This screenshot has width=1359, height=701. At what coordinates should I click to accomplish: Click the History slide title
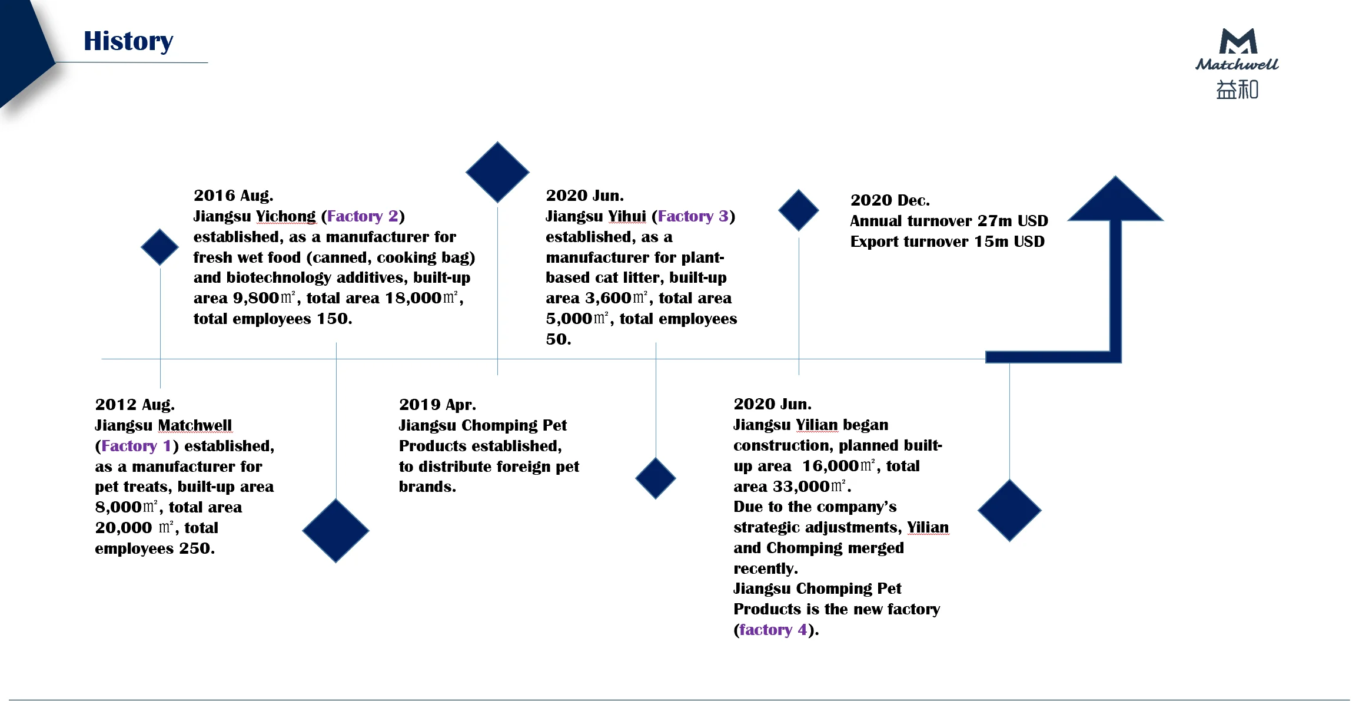128,41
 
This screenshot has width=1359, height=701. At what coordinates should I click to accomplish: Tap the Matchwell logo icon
1238,42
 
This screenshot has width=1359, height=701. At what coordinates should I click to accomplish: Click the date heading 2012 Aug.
135,405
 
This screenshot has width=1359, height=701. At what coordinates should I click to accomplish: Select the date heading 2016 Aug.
233,196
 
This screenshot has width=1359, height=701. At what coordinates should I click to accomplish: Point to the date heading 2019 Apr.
437,405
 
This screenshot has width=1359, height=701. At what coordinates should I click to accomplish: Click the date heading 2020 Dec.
890,200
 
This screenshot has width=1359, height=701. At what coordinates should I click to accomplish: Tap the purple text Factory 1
136,446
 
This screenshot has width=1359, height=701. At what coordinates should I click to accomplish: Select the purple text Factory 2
363,216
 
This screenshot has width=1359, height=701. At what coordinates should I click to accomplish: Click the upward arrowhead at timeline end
1115,200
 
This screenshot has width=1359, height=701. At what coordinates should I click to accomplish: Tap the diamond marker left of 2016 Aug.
160,247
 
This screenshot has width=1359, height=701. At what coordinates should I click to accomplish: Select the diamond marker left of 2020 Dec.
798,210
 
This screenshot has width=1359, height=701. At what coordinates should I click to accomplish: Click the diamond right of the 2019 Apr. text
656,478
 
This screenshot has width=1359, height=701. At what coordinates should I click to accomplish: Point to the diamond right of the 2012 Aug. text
335,530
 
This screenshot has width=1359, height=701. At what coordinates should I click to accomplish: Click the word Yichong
286,216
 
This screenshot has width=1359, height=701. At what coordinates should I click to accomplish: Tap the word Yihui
627,216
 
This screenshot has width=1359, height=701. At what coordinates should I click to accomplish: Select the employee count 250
194,548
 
